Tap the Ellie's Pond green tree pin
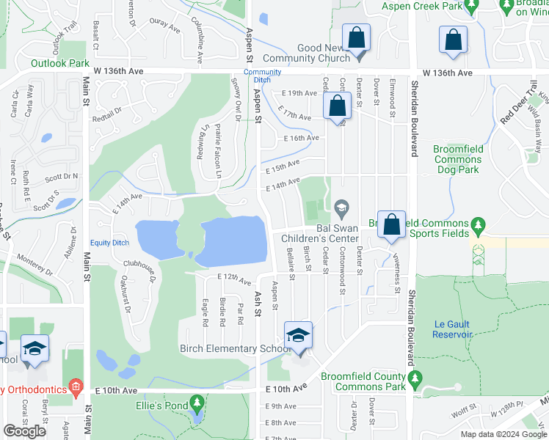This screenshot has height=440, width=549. [196, 403]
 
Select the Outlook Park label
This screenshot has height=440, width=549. [60, 63]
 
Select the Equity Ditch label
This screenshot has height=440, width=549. [109, 243]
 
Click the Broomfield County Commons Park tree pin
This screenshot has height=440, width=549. [415, 380]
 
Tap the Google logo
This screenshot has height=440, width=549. [25, 431]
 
